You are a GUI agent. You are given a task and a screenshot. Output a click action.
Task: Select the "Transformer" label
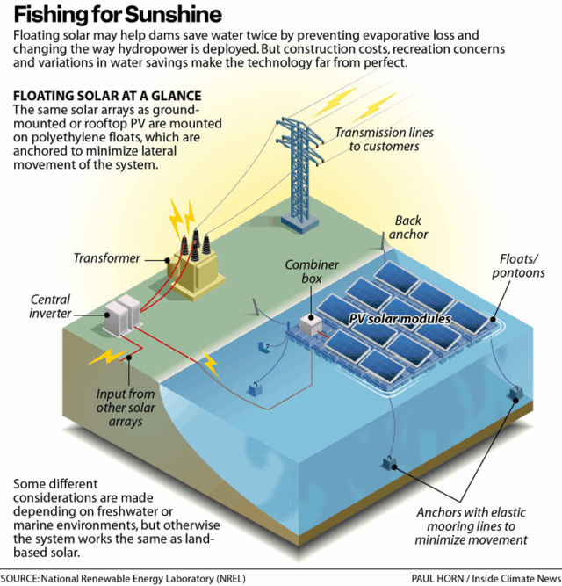point(107,258)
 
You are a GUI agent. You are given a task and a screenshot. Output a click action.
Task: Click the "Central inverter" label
point(50,307)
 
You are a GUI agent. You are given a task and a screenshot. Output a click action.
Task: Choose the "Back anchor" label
point(411,228)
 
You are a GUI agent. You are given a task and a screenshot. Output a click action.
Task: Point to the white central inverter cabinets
point(120,315)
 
